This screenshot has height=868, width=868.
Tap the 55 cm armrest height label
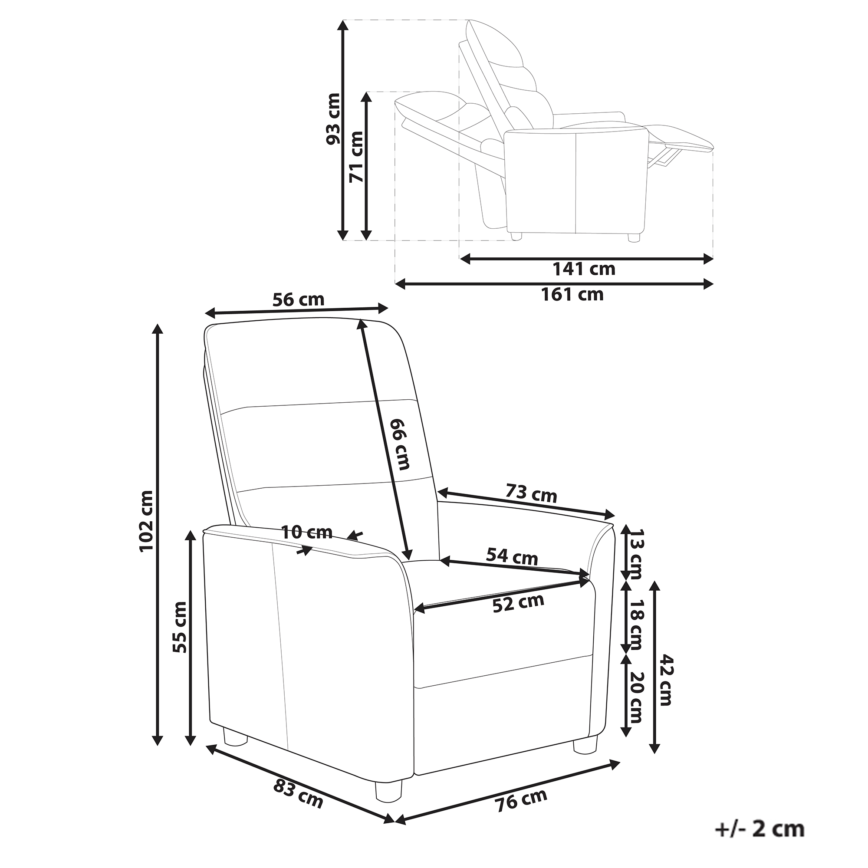point(180,627)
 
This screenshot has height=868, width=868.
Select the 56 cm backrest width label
point(298,299)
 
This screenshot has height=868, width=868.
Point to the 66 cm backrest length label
point(401,444)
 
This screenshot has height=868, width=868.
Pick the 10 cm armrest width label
point(307,533)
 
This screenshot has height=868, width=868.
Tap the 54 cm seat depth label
point(512,557)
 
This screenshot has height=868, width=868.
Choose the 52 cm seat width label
point(519,603)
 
